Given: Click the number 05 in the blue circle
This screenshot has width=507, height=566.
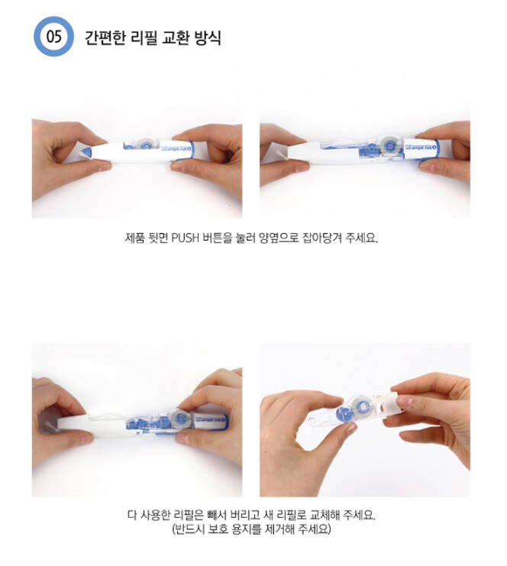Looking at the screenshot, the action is [53, 37].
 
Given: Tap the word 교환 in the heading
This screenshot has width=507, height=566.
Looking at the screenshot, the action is [175, 37].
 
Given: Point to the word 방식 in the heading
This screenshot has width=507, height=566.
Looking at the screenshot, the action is [208, 37].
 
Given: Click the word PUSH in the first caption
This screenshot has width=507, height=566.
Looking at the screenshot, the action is [185, 238].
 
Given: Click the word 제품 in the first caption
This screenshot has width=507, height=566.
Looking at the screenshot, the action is [135, 238].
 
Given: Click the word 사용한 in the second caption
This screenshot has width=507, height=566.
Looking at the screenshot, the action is [155, 515].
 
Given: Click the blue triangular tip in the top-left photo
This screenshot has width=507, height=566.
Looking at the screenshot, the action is [86, 152].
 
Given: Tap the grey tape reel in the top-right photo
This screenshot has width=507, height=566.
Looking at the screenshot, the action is [389, 145].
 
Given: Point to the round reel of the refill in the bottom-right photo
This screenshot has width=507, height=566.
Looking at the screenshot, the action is [362, 407].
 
